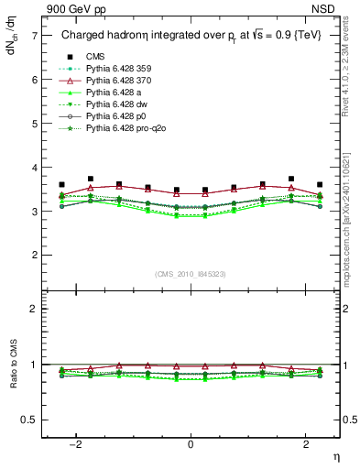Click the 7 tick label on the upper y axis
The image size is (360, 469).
click(34, 36)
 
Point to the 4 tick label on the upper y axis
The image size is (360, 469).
click(34, 168)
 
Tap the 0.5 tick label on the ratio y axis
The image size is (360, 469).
click(29, 420)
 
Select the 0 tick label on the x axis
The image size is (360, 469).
click(190, 444)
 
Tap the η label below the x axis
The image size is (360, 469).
click(335, 456)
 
